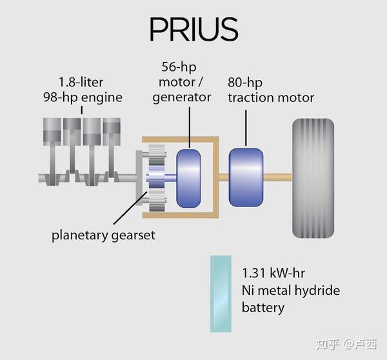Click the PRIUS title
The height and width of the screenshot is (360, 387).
coord(193,29)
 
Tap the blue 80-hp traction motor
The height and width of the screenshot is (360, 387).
coord(246,177)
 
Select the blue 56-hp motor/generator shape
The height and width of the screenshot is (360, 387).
coord(188,178)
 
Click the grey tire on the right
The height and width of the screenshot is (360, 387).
coord(313,178)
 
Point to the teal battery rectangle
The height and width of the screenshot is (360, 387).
coord(221,294)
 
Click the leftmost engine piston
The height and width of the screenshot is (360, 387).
coord(52,132)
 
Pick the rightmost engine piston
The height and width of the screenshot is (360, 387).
coord(112,132)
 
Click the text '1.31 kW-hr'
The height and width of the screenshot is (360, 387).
coord(273,273)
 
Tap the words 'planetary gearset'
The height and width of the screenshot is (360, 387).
coord(103,235)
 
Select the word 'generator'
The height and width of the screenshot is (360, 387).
coord(182,97)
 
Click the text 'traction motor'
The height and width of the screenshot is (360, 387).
coord(271,98)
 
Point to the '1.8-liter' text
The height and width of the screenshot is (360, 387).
coord(81,82)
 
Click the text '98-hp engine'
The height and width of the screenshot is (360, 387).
coord(83,97)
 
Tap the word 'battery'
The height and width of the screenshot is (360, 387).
coord(263,308)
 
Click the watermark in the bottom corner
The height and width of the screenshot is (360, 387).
coord(346,344)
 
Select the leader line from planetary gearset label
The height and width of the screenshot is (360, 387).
coord(130,208)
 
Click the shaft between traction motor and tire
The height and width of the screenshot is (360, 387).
coord(277,177)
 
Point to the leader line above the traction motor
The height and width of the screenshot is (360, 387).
coord(246,128)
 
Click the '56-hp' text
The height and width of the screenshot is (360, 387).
coord(179,66)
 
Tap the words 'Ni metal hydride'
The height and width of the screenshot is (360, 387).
coord(291,290)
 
